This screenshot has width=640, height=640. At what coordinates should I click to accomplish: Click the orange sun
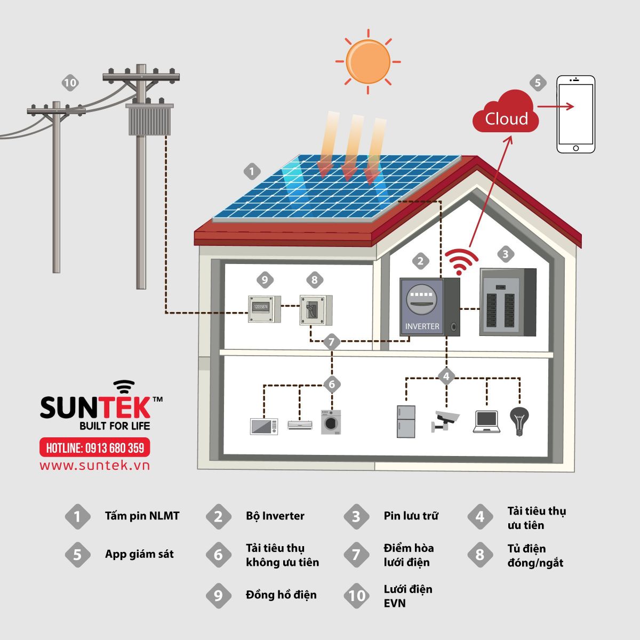[367, 61]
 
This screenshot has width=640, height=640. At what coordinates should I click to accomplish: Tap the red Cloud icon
[506, 114]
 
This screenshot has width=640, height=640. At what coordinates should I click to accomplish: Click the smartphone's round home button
[575, 148]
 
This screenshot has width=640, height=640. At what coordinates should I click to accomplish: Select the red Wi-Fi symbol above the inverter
[462, 261]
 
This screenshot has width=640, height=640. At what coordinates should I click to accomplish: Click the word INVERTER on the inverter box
[422, 326]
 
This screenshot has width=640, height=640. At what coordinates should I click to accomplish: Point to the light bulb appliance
[518, 421]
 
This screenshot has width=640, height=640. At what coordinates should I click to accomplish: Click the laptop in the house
[486, 421]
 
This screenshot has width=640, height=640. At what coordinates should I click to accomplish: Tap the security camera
[445, 420]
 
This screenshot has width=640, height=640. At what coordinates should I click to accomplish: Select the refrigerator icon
[406, 421]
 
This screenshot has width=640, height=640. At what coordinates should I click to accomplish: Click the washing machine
[331, 421]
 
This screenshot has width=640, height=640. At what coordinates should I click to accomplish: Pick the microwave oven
[264, 426]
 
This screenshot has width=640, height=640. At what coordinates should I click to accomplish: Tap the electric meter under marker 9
[263, 309]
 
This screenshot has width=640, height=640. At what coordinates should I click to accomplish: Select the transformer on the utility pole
[150, 120]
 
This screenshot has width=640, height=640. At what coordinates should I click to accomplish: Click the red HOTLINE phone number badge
[95, 447]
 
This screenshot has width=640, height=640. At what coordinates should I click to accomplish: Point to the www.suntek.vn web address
[95, 466]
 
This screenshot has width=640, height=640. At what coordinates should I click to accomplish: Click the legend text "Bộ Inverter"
[275, 516]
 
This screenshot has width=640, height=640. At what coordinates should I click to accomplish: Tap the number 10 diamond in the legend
[357, 596]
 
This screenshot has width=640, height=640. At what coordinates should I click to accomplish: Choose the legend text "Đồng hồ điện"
[281, 595]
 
